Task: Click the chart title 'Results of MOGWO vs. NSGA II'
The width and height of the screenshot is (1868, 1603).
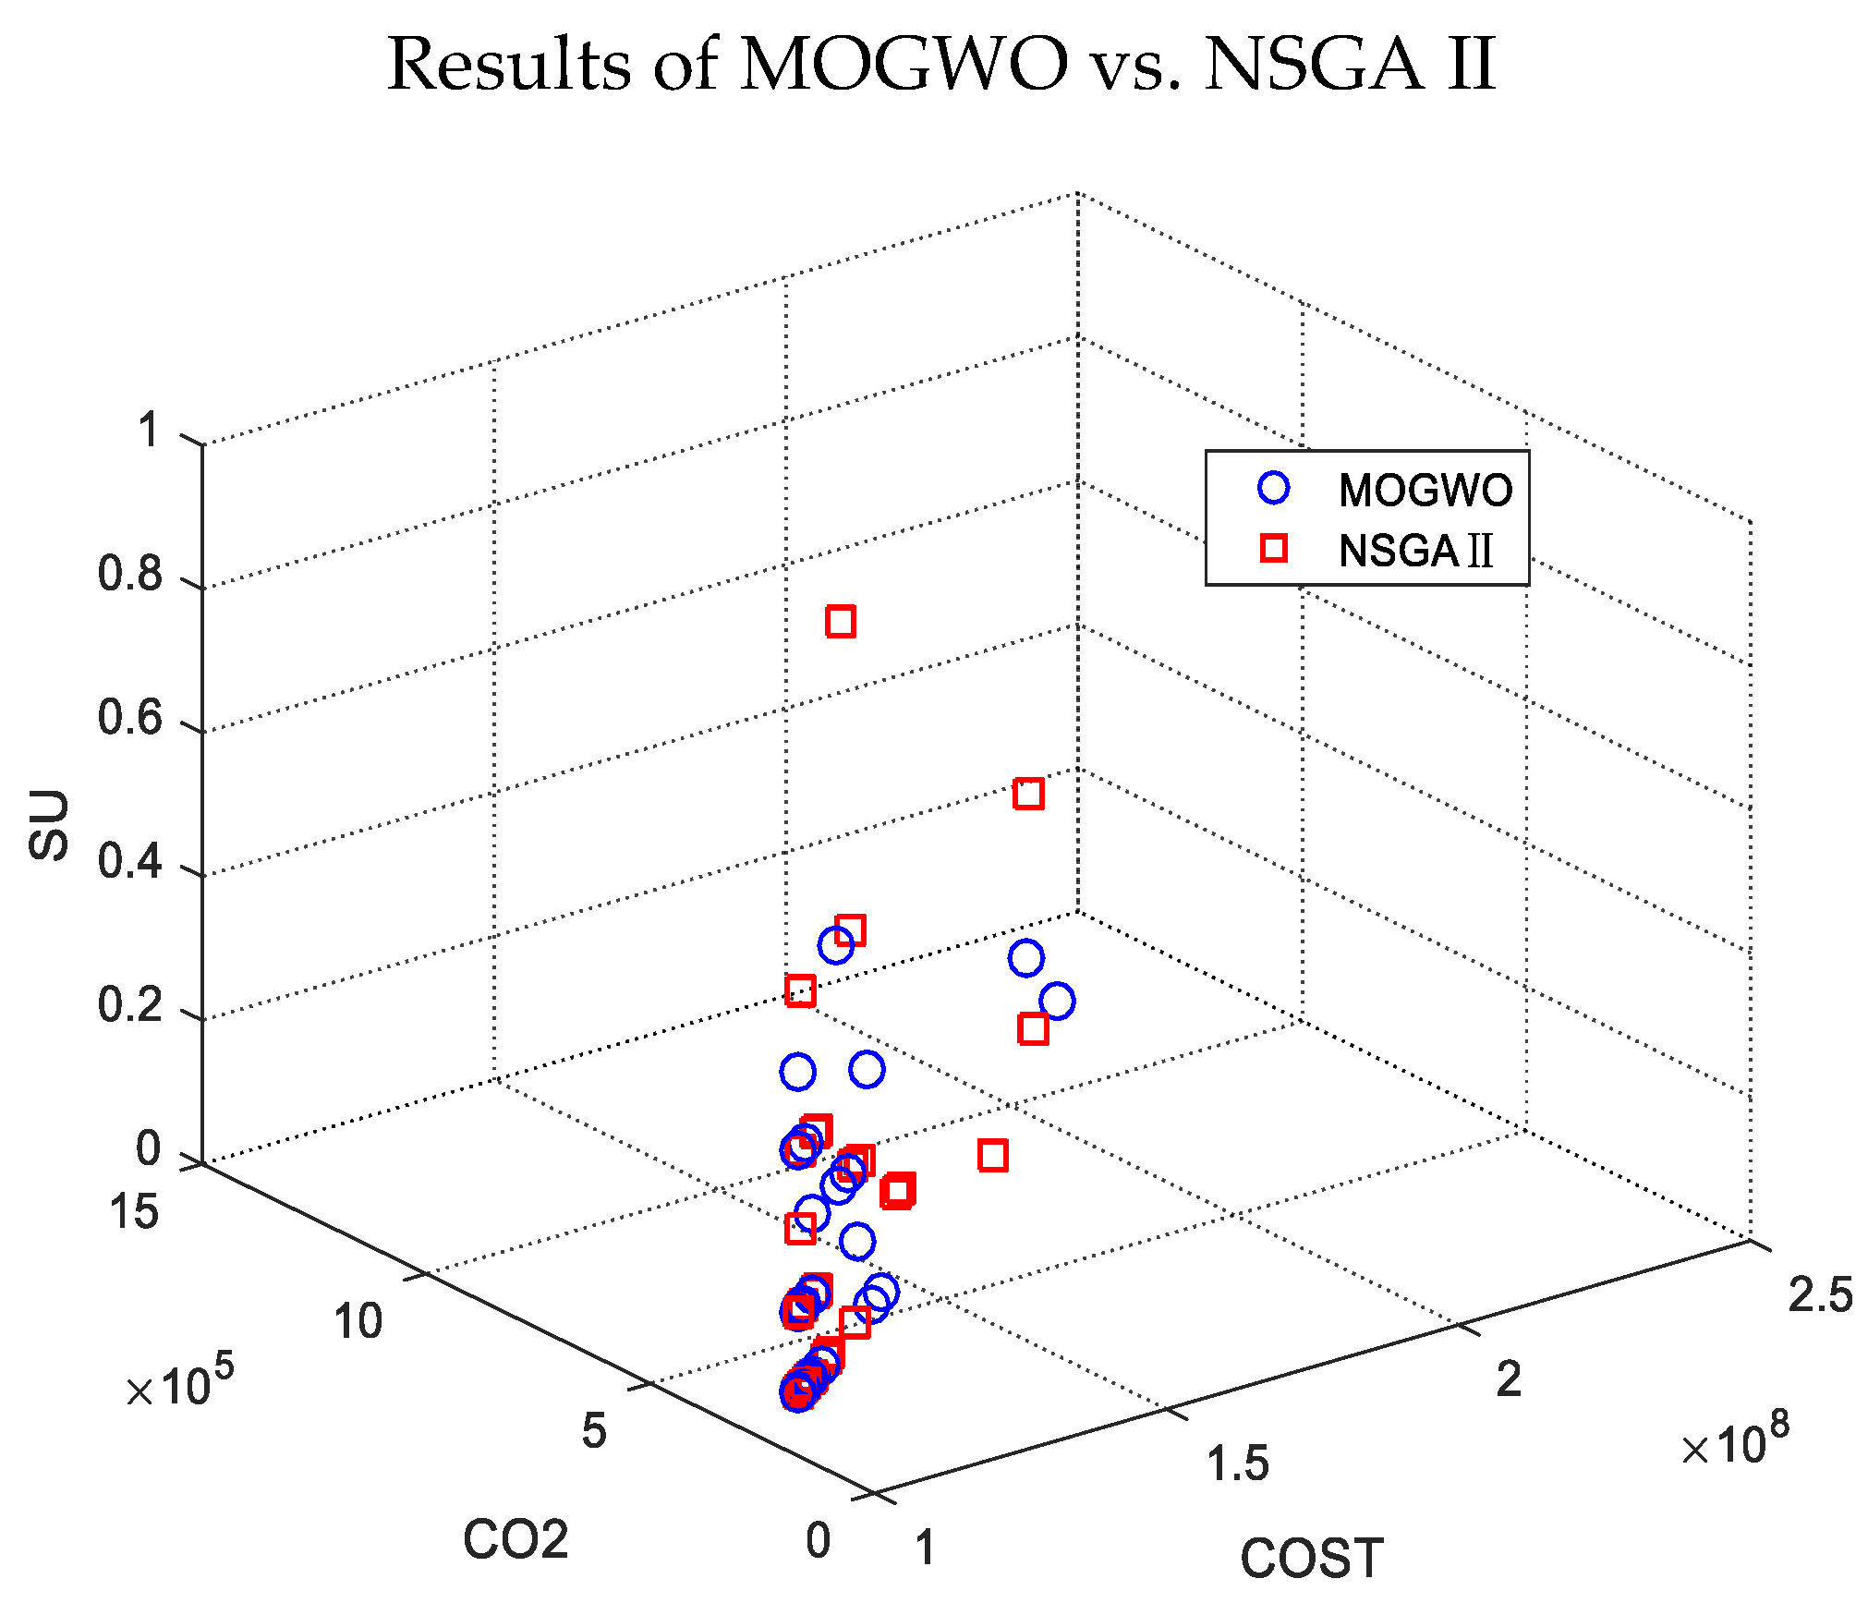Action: point(940,65)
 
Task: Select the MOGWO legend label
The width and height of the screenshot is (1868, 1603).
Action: point(1425,491)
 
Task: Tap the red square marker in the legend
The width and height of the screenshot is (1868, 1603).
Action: point(1274,548)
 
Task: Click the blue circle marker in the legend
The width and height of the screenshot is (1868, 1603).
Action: point(1274,488)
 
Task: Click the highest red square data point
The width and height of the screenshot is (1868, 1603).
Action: point(841,622)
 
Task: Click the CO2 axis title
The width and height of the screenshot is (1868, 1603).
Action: point(516,1540)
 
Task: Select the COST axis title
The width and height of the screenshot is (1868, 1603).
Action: point(1312,1559)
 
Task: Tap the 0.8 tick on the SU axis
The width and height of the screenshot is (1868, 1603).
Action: point(129,575)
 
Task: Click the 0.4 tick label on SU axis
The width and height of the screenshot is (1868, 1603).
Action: point(129,862)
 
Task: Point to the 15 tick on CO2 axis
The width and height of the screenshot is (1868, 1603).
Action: point(134,1211)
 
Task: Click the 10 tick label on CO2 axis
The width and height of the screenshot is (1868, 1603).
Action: point(358,1321)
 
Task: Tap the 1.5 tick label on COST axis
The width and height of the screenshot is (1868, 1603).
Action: point(1238,1464)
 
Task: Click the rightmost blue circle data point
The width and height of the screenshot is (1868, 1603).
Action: point(1057,1001)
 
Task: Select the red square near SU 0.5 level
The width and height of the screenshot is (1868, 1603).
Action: point(1028,794)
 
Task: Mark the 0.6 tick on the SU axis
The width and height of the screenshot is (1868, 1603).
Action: point(129,719)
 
